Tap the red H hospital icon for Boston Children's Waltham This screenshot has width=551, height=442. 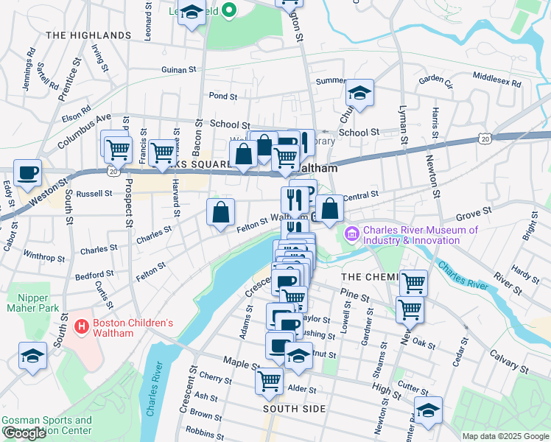(x=82, y=325)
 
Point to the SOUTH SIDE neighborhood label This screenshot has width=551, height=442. (x=293, y=407)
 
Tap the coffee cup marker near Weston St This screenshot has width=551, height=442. (x=28, y=172)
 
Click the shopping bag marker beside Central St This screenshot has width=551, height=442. (x=331, y=208)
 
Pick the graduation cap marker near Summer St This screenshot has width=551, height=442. (x=359, y=93)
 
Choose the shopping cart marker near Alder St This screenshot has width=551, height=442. (x=269, y=380)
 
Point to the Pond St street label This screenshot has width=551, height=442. (x=222, y=96)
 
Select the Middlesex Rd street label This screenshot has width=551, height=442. (x=496, y=76)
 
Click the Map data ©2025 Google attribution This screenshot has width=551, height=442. (x=505, y=436)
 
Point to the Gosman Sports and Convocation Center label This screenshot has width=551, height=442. (x=46, y=425)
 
